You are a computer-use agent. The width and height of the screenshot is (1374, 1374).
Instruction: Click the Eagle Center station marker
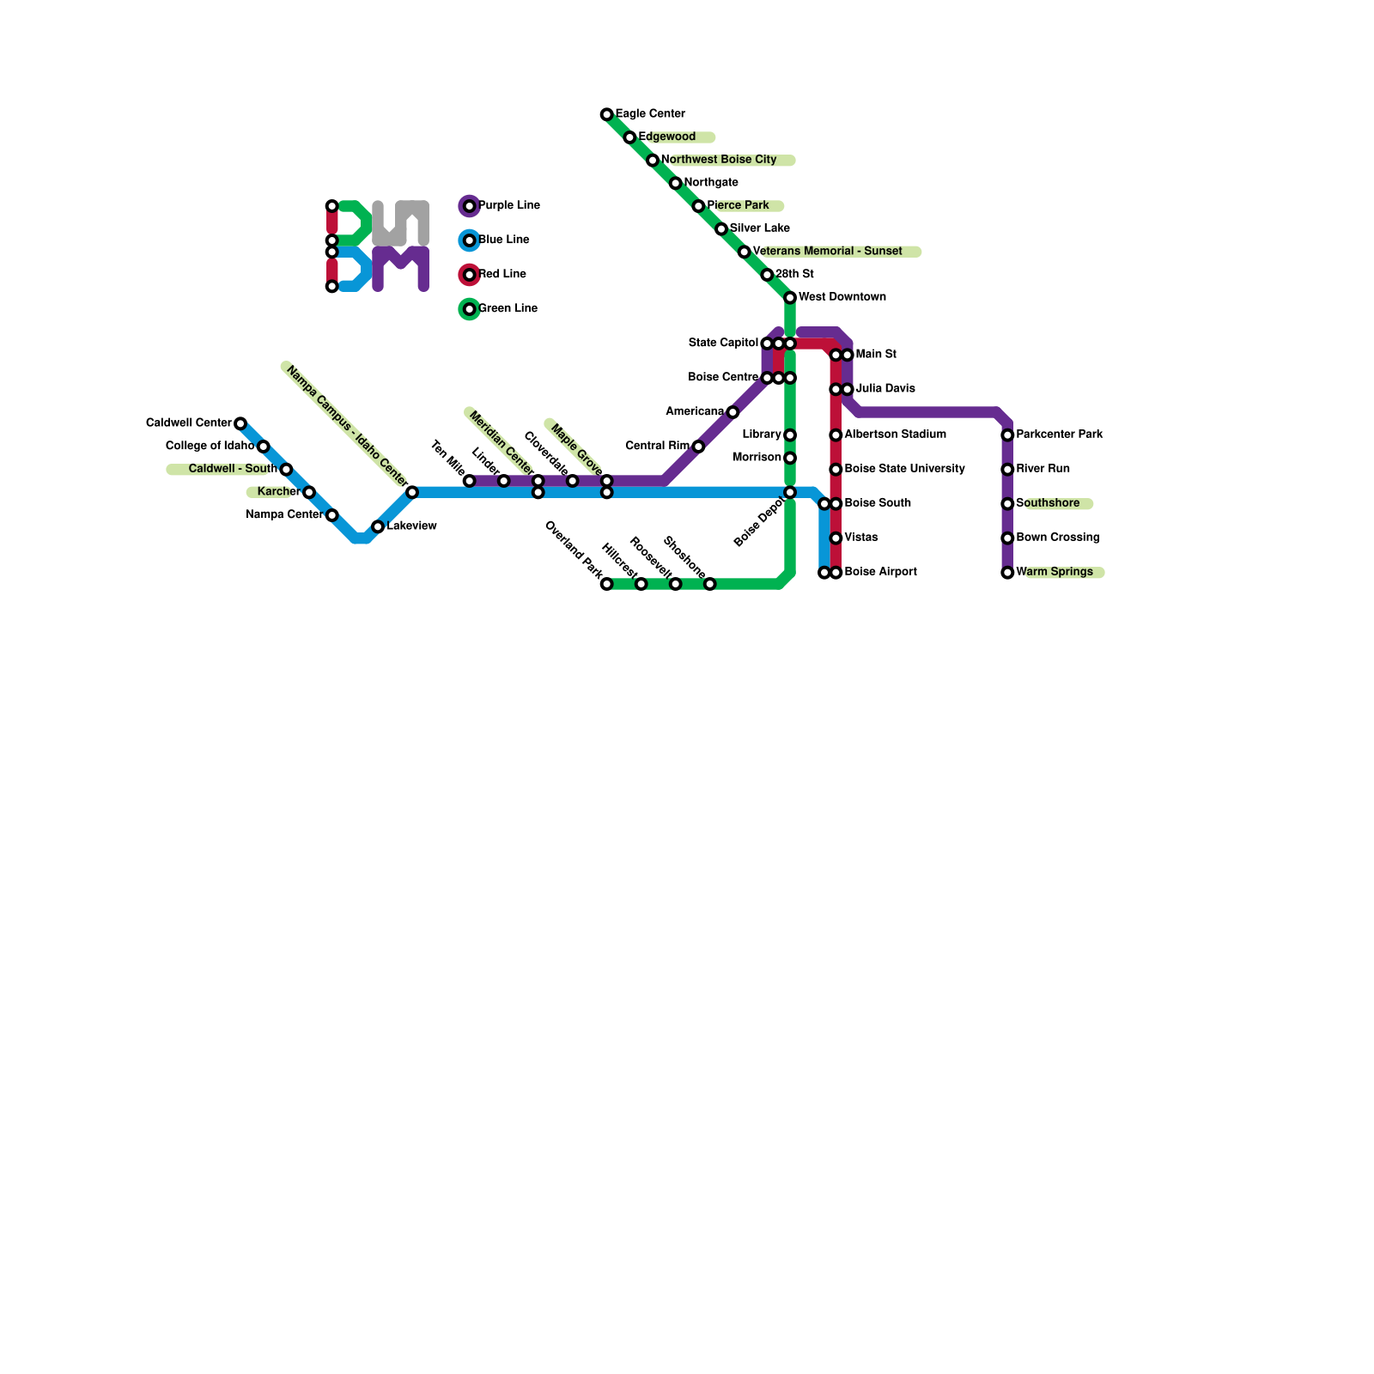607,114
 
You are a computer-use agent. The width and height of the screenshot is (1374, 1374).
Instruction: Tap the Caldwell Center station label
189,423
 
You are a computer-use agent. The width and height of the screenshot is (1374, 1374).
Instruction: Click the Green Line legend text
508,308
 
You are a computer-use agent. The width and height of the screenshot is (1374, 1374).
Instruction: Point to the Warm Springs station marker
1007,573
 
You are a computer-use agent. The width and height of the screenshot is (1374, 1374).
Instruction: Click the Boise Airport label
880,572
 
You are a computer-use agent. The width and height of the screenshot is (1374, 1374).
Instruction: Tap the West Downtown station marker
790,298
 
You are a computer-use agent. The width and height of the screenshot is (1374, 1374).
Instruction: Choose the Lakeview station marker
378,526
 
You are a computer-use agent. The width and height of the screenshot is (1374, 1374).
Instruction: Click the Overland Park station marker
607,584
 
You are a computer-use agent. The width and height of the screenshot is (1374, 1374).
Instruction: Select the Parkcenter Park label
1059,435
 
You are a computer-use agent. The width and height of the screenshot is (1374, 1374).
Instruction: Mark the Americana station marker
733,412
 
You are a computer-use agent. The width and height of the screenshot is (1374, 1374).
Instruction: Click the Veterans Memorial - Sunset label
827,252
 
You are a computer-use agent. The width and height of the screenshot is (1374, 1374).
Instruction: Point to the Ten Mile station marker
470,481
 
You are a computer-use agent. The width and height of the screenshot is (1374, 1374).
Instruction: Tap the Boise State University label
904,469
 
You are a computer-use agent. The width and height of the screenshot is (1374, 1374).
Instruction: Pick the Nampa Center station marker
332,515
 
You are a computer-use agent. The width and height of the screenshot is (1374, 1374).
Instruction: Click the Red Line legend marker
470,275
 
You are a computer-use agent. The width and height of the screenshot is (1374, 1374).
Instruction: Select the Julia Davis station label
885,389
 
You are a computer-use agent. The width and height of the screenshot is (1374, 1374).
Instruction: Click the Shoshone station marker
710,584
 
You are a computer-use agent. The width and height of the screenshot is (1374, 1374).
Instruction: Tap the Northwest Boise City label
719,160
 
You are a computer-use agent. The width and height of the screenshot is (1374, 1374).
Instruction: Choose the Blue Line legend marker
470,240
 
